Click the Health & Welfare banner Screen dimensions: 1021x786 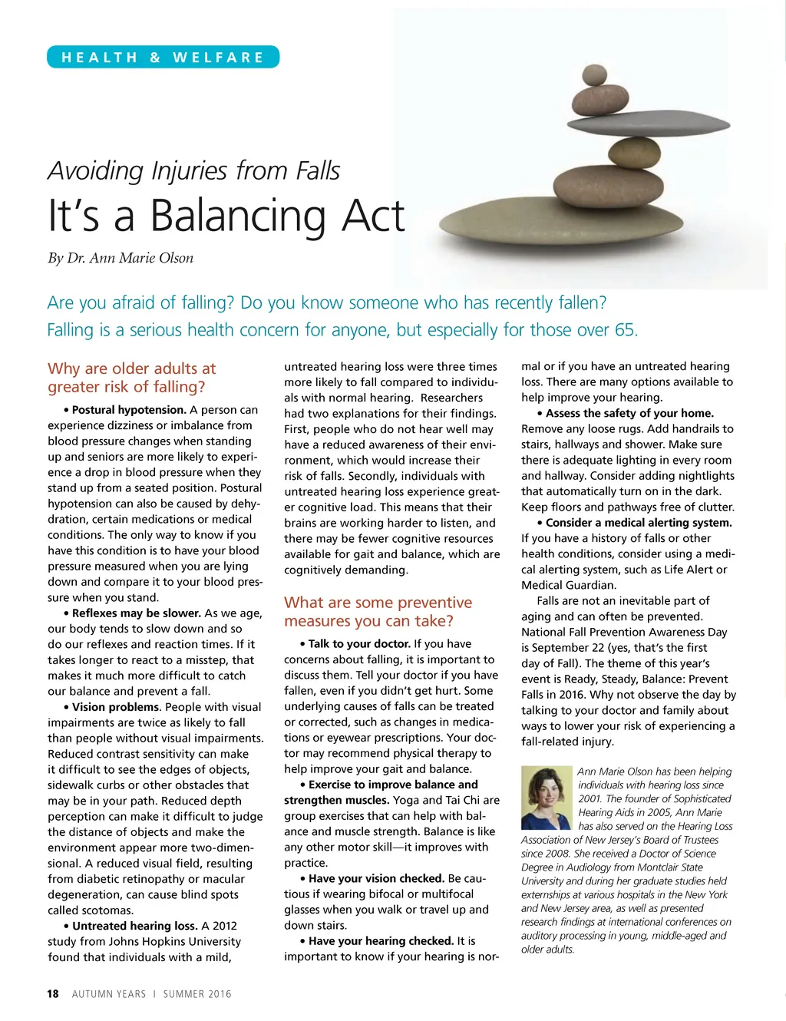(163, 58)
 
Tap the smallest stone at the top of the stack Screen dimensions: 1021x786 (594, 75)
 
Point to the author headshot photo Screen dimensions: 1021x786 (547, 798)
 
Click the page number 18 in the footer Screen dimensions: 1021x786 (53, 994)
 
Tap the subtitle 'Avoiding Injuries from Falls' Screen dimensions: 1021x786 (193, 170)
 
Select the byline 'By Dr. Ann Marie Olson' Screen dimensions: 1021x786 (121, 258)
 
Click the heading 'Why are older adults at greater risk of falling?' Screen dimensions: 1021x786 (132, 378)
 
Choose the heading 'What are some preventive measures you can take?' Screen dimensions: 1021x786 (378, 612)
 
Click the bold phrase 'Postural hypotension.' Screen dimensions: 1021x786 (129, 410)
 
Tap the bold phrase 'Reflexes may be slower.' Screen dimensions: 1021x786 (136, 613)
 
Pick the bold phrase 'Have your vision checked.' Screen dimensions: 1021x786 (376, 878)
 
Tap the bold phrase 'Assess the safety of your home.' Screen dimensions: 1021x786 (629, 413)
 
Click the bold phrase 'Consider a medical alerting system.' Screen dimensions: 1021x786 (639, 523)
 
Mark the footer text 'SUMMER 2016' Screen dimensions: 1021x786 (197, 994)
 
